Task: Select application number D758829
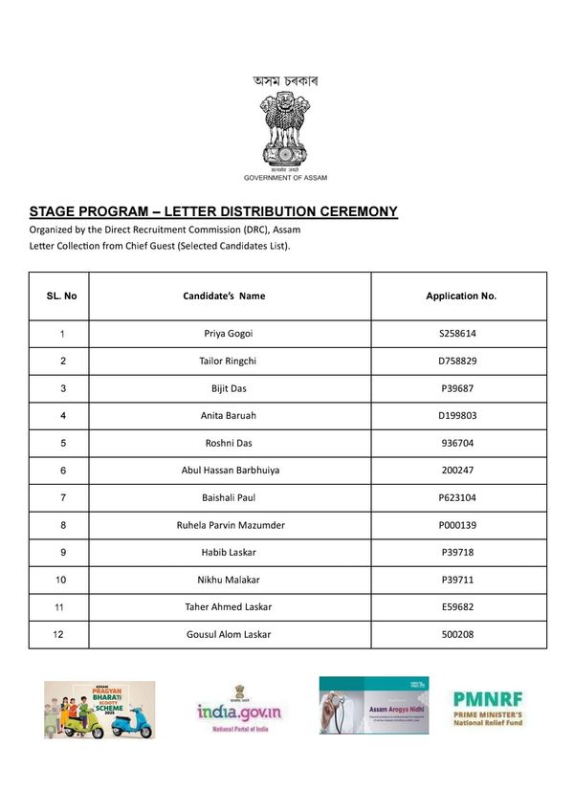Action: tap(458, 362)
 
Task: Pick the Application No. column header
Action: tap(461, 296)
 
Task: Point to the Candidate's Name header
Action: tap(224, 296)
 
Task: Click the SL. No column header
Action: tap(62, 296)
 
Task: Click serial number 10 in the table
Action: tap(62, 580)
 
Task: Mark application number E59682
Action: tap(458, 607)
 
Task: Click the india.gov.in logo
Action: tap(240, 711)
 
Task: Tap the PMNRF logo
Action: tap(487, 709)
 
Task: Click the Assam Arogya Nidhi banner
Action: tap(373, 706)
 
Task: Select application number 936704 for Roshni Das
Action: tap(458, 444)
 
